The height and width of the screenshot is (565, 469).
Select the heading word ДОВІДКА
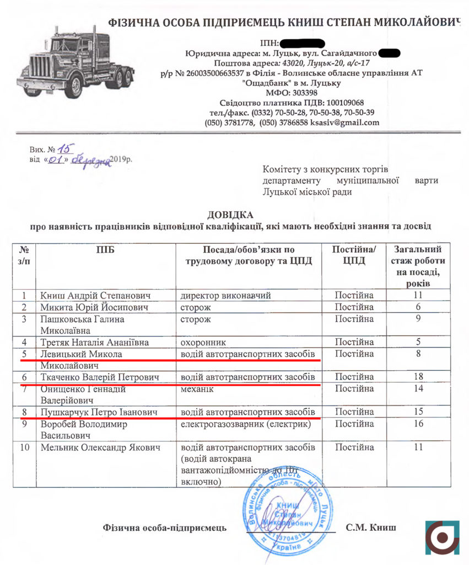pyautogui.click(x=230, y=214)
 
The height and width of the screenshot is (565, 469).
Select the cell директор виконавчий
pyautogui.click(x=226, y=295)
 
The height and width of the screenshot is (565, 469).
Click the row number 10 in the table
pyautogui.click(x=24, y=447)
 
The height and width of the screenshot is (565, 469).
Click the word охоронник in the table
pyautogui.click(x=203, y=342)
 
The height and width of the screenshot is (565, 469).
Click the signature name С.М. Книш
pyautogui.click(x=370, y=527)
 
